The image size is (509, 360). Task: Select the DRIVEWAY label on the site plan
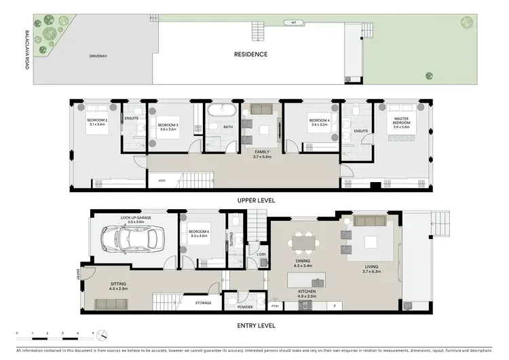(x=99, y=56)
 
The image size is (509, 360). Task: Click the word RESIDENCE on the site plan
(x=250, y=54)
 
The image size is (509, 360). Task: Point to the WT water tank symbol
(x=294, y=22)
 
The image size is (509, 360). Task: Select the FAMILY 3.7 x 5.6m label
(x=263, y=154)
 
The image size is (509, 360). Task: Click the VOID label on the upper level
(x=162, y=181)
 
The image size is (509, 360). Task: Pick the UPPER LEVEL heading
(x=254, y=200)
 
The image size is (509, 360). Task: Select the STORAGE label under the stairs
(x=203, y=303)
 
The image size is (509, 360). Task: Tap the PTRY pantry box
(x=275, y=306)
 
